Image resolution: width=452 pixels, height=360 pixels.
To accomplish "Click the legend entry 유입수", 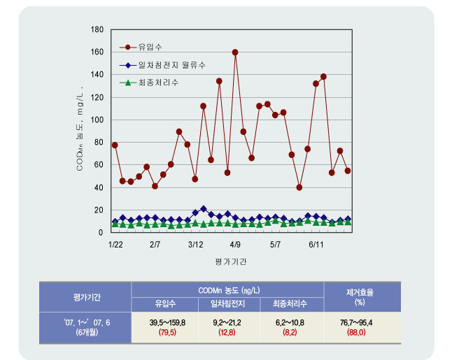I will point(150,48).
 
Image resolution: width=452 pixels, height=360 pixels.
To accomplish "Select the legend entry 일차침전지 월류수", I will point(171,65).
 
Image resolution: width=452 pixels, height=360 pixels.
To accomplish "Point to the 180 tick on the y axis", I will point(98,30).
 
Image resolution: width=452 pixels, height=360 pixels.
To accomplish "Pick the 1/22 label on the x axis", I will point(115,246).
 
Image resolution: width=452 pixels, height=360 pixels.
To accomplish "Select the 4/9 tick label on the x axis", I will point(235,246).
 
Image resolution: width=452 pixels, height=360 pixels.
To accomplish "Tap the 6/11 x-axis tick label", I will point(316,246).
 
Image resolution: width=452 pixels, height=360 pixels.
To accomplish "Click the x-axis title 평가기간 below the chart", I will point(231,261).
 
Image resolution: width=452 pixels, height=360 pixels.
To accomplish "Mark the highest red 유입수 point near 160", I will point(235,52).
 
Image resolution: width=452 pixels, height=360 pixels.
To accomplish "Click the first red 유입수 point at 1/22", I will point(115,145).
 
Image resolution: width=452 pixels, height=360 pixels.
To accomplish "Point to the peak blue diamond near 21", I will point(204,208).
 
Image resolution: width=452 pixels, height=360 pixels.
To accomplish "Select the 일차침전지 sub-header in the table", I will point(227,304).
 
